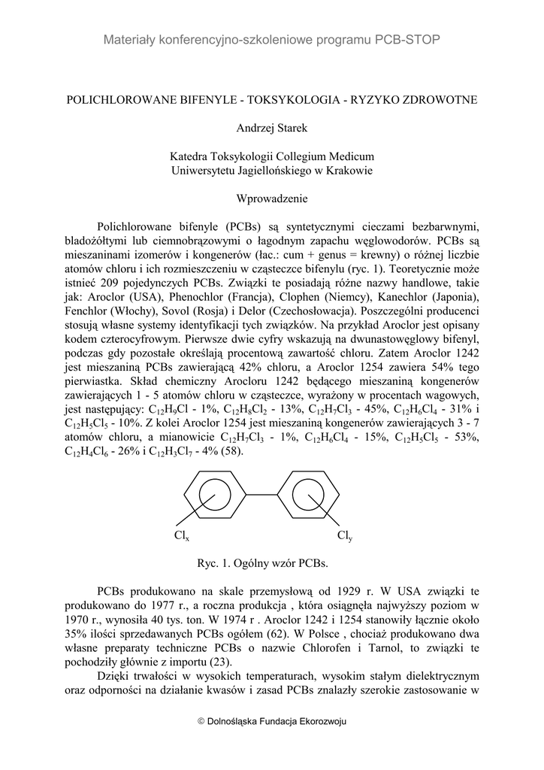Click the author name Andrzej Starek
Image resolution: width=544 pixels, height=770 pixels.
click(271, 129)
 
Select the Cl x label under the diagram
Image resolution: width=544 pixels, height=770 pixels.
click(181, 536)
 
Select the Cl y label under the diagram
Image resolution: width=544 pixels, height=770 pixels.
click(345, 536)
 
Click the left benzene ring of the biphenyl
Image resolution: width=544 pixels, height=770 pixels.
click(215, 496)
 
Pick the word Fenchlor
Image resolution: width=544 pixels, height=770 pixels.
click(90, 311)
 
